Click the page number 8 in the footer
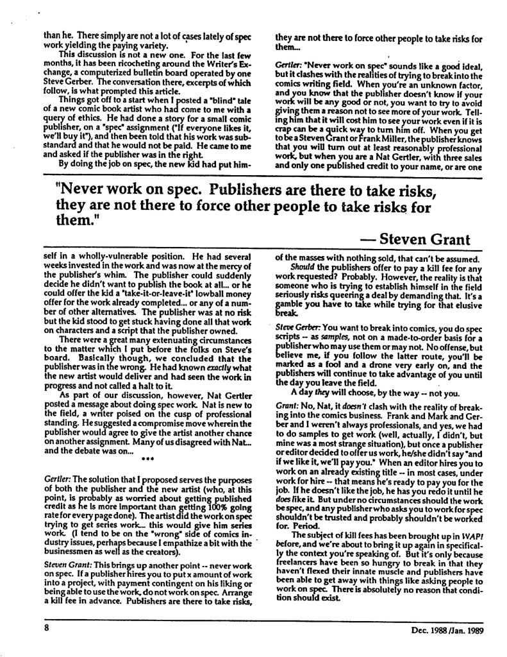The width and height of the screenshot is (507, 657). click(47, 629)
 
